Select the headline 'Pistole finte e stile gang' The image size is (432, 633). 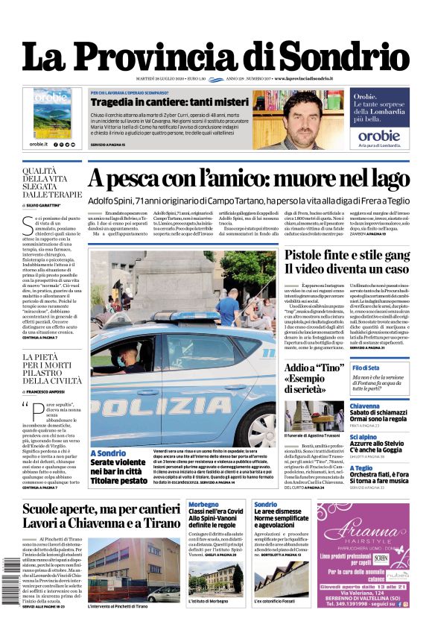(x=346, y=255)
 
